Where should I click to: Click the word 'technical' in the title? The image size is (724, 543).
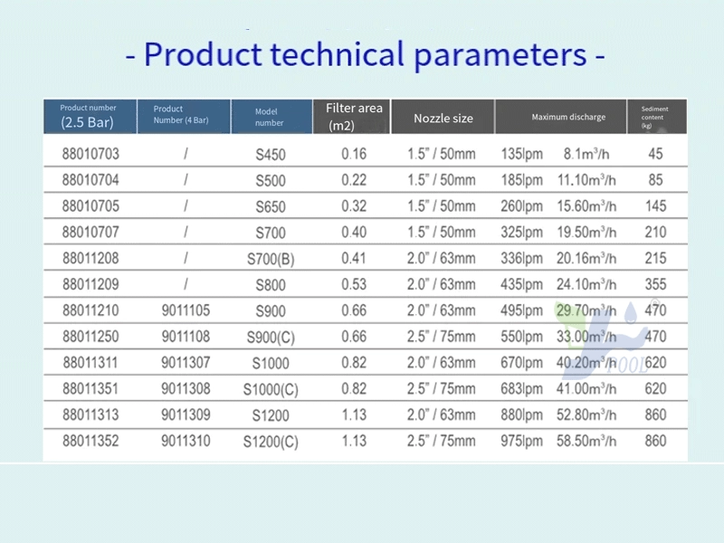click(x=337, y=54)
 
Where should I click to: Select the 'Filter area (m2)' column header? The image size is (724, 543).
click(x=352, y=117)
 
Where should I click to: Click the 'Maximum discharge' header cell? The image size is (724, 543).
click(x=568, y=117)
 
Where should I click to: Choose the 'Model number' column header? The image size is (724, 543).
click(x=271, y=117)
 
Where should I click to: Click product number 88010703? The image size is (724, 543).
click(x=90, y=154)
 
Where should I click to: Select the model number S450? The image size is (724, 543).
click(x=271, y=154)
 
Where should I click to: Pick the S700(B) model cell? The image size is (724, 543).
click(x=271, y=259)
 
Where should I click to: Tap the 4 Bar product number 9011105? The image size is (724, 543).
click(x=186, y=310)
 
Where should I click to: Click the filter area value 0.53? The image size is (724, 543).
click(x=354, y=284)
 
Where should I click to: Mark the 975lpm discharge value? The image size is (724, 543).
click(x=522, y=442)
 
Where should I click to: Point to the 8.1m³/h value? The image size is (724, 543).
click(x=586, y=154)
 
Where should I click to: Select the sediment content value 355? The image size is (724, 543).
click(x=655, y=284)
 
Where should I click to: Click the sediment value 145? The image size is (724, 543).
click(x=655, y=206)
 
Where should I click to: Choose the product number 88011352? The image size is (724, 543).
click(x=90, y=441)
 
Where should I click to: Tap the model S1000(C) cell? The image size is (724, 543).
click(x=271, y=390)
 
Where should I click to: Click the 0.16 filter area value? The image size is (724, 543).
click(x=354, y=154)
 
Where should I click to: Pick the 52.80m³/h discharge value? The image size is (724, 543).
click(x=586, y=414)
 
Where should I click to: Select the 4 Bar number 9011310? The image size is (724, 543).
click(x=186, y=441)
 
